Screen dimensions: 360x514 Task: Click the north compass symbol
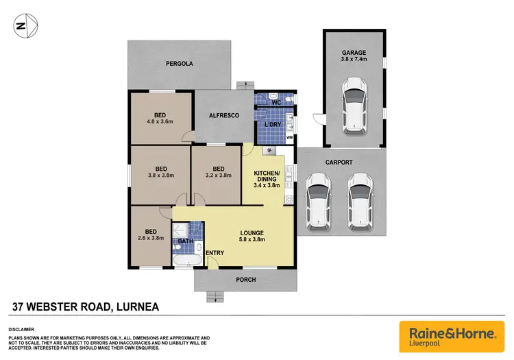pyautogui.click(x=22, y=26)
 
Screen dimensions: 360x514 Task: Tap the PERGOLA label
pyautogui.click(x=180, y=64)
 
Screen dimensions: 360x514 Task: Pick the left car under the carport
pyautogui.click(x=319, y=199)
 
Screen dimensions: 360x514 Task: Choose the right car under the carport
pyautogui.click(x=362, y=199)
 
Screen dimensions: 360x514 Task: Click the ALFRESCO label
pyautogui.click(x=223, y=116)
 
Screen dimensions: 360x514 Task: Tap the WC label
pyautogui.click(x=277, y=103)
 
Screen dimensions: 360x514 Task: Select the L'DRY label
pyautogui.click(x=273, y=124)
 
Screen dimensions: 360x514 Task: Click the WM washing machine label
pyautogui.click(x=289, y=138)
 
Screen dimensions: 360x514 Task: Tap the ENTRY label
pyautogui.click(x=215, y=253)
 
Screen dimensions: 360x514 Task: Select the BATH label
pyautogui.click(x=186, y=241)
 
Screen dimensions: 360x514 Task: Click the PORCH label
pyautogui.click(x=247, y=279)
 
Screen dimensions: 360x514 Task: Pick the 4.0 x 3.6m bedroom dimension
pyautogui.click(x=160, y=122)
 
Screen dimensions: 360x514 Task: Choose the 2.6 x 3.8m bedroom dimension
pyautogui.click(x=151, y=238)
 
